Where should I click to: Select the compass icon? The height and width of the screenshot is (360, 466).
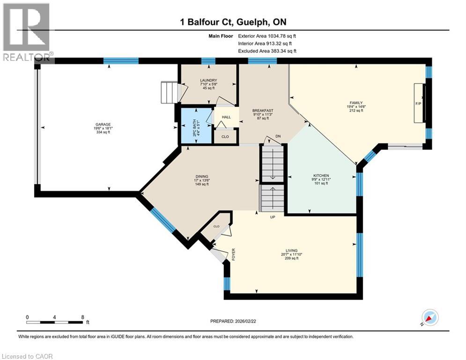click(x=430, y=317)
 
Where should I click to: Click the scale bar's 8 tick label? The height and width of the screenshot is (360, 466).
click(x=83, y=317)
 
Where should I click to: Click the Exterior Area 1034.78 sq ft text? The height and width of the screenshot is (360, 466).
click(x=267, y=36)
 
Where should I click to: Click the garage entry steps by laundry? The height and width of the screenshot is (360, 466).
click(x=170, y=92)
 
